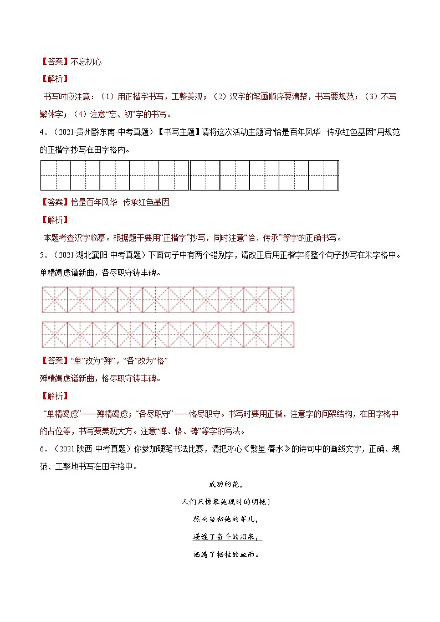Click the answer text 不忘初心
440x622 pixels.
pyautogui.click(x=86, y=61)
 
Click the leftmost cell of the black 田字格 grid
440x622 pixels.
pyautogui.click(x=55, y=175)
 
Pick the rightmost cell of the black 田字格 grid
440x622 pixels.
pyautogui.click(x=323, y=175)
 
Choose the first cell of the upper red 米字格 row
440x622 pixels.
pyautogui.click(x=54, y=300)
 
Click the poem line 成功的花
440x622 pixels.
pyautogui.click(x=218, y=485)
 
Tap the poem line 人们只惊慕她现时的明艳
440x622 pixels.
pyautogui.click(x=218, y=502)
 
